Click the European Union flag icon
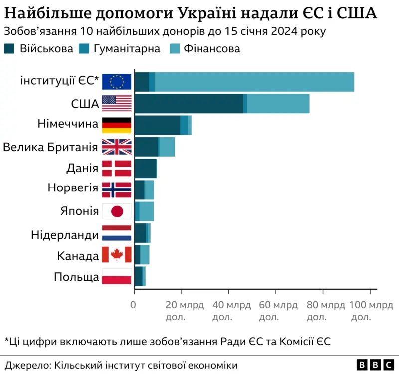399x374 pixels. [117, 82]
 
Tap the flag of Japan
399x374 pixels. [117, 211]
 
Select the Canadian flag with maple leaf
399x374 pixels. [117, 254]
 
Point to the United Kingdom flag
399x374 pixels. [117, 147]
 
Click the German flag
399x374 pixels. [117, 125]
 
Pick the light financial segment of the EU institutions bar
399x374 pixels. [254, 82]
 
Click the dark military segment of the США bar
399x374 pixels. [189, 103]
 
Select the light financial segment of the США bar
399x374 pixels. [278, 103]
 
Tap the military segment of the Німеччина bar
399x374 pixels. [157, 125]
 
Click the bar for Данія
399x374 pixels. [146, 168]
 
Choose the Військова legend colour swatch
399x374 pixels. [11, 48]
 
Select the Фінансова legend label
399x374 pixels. [212, 48]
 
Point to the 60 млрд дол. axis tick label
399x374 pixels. [275, 310]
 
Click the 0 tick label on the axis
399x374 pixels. [134, 305]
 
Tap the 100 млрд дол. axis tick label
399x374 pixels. [370, 310]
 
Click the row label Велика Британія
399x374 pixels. [50, 147]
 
